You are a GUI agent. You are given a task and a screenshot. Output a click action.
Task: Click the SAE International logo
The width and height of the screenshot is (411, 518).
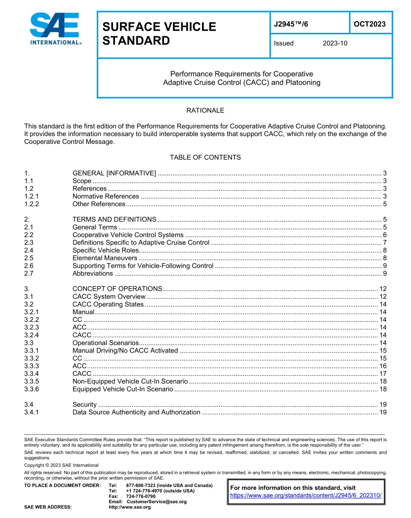pos(55,29)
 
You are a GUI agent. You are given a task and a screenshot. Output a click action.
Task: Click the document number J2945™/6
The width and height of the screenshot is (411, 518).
pos(291,24)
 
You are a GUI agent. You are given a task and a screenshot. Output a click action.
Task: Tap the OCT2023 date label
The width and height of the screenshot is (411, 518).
pos(369,24)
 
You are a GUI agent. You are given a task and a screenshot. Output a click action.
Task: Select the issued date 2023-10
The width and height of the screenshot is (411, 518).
pos(335,43)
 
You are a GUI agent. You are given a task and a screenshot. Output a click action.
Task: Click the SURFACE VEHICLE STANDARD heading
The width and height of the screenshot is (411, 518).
pos(159,34)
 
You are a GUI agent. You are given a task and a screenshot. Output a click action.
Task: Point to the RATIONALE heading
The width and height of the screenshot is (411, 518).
pos(205,111)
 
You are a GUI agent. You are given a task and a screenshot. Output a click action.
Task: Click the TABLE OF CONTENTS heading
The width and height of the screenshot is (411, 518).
pos(205,157)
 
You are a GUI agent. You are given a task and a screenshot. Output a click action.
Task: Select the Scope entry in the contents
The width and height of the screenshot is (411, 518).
pos(82,181)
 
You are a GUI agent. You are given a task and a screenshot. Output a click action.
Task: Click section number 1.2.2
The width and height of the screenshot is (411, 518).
pos(32,204)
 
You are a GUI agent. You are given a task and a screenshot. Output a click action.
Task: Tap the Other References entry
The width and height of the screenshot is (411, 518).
pos(99,204)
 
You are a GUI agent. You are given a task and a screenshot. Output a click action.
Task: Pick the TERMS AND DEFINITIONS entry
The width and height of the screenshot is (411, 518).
pos(114,219)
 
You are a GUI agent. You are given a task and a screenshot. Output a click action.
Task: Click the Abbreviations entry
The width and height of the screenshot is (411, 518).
pos(93,273)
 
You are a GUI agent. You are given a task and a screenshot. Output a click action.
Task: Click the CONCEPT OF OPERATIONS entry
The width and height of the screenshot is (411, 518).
pos(117,289)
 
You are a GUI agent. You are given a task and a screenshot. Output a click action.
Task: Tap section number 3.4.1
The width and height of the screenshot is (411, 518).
pos(32,412)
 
